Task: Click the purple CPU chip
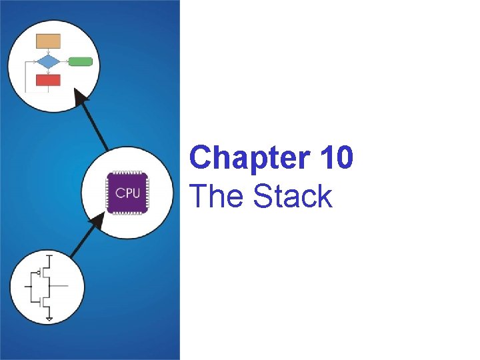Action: click(128, 193)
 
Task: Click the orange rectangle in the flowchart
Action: click(48, 41)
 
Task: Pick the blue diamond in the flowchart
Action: click(48, 61)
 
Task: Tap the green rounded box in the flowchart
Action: click(80, 61)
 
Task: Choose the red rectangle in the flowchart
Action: click(48, 80)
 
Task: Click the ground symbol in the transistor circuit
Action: click(49, 319)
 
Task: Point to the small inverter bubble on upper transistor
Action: click(38, 272)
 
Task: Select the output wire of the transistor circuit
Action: click(60, 287)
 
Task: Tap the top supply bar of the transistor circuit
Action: click(49, 254)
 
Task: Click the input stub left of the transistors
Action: click(27, 287)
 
